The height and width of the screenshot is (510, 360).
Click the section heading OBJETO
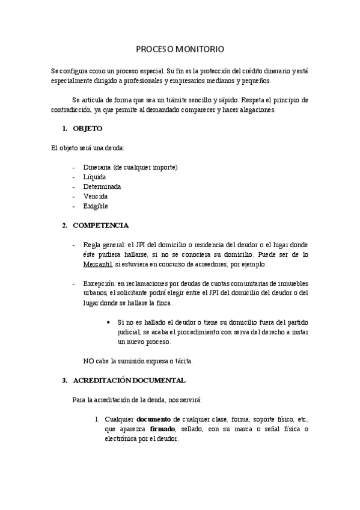87,129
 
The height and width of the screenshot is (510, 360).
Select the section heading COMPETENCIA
100,226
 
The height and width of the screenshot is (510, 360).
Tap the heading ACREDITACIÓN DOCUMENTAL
129,380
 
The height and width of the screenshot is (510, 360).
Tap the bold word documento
154,419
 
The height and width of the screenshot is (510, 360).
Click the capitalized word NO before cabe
88,361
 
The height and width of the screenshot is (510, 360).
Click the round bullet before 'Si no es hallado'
108,322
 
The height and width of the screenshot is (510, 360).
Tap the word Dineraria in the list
97,167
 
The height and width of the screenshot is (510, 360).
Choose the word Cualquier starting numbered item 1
118,419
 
